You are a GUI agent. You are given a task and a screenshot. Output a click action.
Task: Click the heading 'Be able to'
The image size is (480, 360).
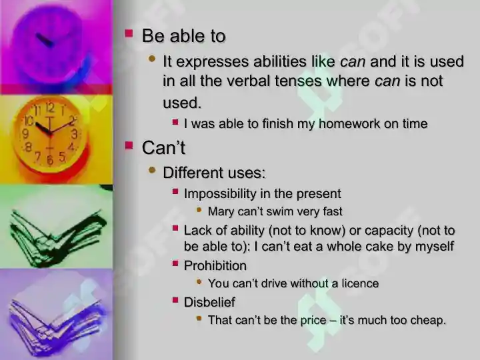184,36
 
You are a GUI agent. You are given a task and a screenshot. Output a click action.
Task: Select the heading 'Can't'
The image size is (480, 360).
163,147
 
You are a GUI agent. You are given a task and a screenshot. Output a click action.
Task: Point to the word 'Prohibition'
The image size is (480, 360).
215,266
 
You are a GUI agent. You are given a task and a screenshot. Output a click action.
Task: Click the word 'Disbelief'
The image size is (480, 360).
209,302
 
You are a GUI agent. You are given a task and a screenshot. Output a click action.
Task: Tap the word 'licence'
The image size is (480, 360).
360,283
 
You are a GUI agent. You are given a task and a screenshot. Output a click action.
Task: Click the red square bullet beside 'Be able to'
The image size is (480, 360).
129,33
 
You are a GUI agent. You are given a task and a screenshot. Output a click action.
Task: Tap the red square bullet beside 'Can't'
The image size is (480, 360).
129,145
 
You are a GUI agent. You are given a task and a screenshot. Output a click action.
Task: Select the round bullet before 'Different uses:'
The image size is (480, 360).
152,170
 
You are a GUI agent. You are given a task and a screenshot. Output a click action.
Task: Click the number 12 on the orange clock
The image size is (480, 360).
50,108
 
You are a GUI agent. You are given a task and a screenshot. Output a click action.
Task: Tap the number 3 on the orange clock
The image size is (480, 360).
75,135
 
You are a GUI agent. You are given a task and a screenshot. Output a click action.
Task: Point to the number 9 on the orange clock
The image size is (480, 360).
26,134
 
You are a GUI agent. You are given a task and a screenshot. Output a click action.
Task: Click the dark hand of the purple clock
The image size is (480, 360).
45,40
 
